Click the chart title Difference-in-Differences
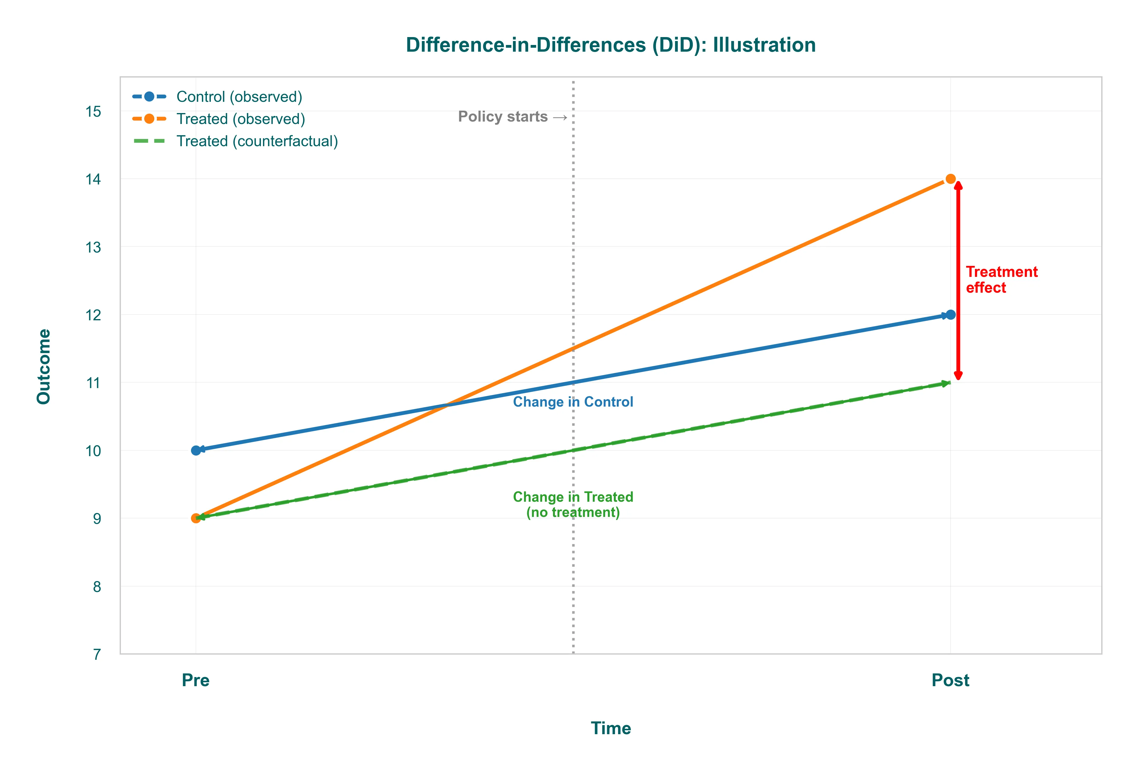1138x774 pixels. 611,45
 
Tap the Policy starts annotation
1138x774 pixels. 512,117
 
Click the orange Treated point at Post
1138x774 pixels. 950,179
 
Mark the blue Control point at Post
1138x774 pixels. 950,315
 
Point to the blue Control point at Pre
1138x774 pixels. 196,450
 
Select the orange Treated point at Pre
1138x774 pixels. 196,518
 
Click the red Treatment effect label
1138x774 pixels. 1001,279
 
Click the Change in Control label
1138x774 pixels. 573,402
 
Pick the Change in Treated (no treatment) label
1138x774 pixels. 573,504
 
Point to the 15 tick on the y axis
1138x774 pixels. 93,112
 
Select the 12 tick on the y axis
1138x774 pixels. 93,315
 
